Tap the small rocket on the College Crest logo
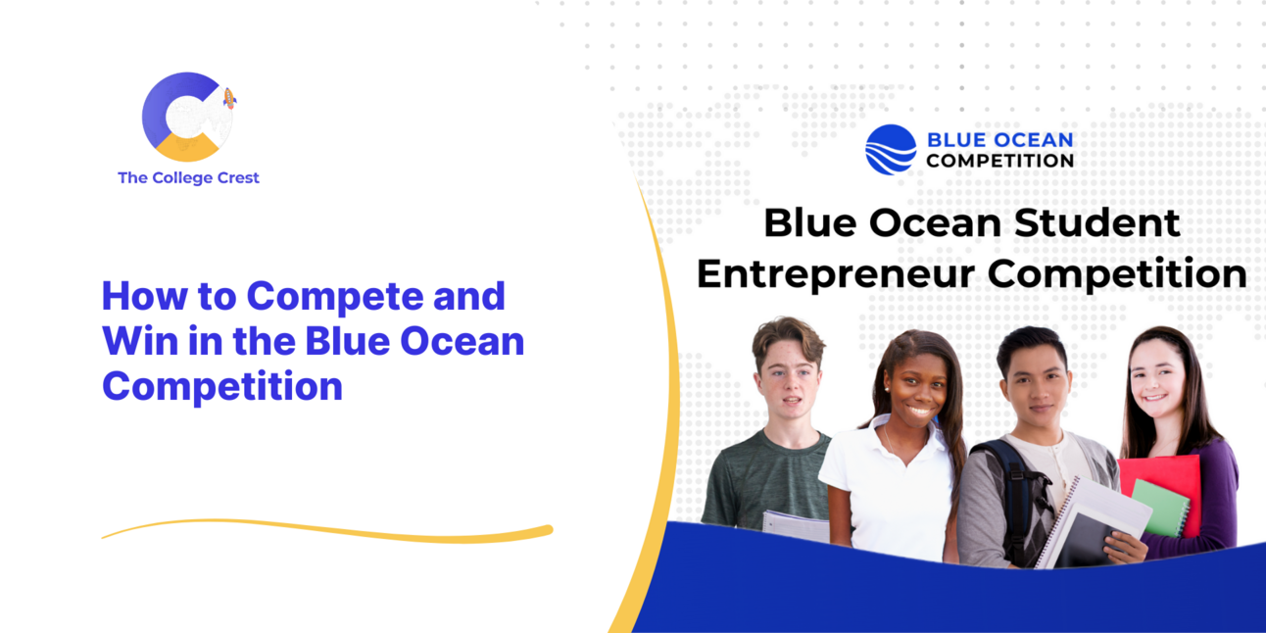click(229, 98)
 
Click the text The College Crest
click(188, 178)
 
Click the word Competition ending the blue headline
click(222, 386)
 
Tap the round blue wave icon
click(890, 149)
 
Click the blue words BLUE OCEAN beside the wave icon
click(999, 140)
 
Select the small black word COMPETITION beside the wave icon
click(999, 161)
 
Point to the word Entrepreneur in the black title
click(835, 273)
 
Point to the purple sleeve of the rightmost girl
click(1220, 490)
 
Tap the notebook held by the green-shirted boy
click(794, 526)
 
